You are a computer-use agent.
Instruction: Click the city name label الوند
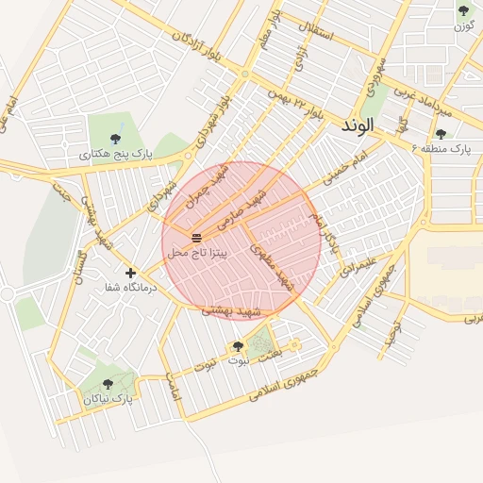click(358, 125)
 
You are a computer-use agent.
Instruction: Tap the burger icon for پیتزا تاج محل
click(196, 237)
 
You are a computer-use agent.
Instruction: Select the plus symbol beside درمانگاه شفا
click(130, 273)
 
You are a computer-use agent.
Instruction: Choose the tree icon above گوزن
click(463, 10)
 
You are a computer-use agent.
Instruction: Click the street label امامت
click(173, 388)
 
